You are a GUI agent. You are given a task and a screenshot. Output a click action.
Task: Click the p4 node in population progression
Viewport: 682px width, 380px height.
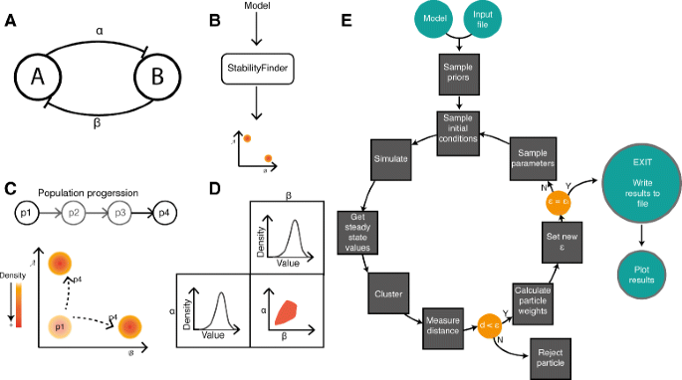pos(158,213)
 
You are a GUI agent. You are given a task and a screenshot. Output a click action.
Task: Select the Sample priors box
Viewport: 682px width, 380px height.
pos(458,81)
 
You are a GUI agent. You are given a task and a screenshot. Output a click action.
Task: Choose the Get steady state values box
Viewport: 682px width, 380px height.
pos(355,227)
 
